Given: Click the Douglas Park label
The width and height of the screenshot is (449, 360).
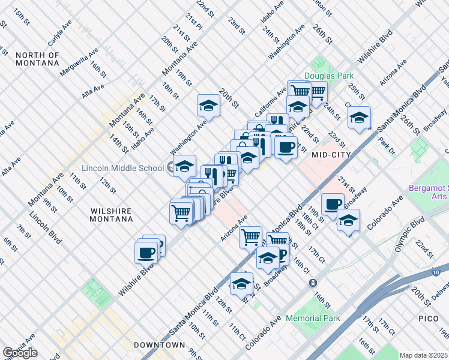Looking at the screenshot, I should coord(328,76).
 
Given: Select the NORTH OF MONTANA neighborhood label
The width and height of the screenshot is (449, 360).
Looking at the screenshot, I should coord(37,59).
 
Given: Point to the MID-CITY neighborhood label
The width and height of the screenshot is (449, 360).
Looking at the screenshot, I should coord(331,154).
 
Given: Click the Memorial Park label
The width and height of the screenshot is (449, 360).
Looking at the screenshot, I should coord(313,318).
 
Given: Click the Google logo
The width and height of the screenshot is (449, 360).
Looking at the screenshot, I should coord(20,353).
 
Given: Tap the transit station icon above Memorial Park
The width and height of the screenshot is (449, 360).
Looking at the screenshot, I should coord(312,283).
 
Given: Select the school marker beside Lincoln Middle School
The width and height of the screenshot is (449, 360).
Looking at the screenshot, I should coord(185,166).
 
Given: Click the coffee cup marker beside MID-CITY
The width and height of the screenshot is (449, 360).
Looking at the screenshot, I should coord(286,146).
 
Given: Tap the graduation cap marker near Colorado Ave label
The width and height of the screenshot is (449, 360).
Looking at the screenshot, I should coord(348,220).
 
